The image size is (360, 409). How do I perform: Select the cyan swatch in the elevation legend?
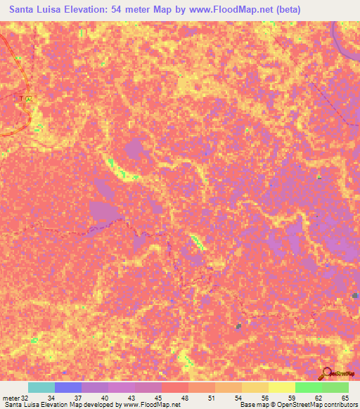[x=41, y=387]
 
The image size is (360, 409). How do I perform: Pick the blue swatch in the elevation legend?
[x=68, y=387]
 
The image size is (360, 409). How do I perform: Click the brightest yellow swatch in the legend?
[x=281, y=387]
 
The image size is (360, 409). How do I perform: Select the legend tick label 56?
[x=266, y=397]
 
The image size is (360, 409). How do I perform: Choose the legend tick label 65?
[x=345, y=397]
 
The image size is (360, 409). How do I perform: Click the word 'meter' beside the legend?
[x=11, y=397]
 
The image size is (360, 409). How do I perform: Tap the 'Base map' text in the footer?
[x=253, y=405]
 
